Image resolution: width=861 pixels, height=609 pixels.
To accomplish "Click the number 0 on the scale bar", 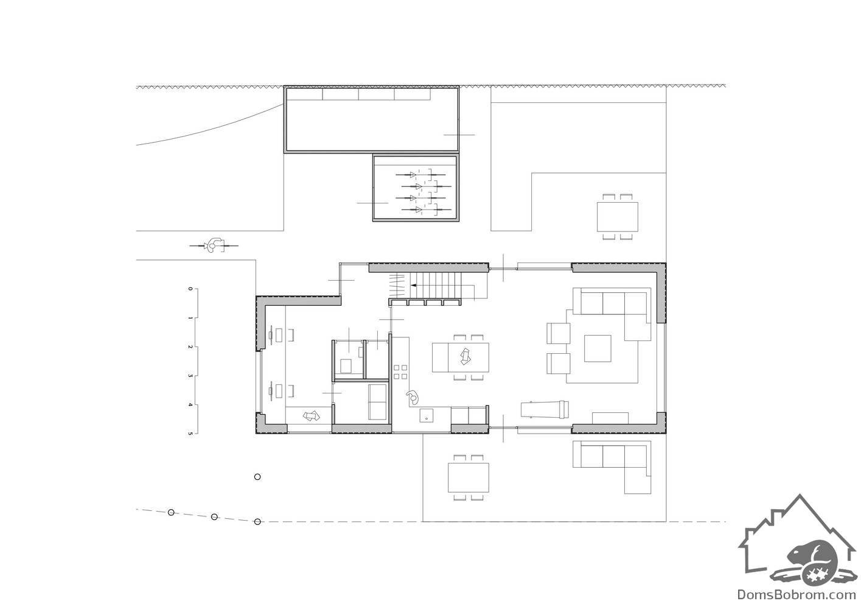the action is pyautogui.click(x=190, y=289).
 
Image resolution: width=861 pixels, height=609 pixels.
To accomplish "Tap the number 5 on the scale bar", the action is pyautogui.click(x=190, y=434).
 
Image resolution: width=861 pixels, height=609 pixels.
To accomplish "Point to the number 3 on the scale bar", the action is pyautogui.click(x=190, y=376).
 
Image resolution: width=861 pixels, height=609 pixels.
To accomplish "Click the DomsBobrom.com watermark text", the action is pyautogui.click(x=798, y=594).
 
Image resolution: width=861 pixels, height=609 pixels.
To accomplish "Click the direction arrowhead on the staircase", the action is pyautogui.click(x=413, y=286).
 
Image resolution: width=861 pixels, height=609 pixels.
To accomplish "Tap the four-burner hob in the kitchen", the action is pyautogui.click(x=400, y=372).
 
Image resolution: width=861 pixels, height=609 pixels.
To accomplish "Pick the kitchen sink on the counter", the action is pyautogui.click(x=427, y=415).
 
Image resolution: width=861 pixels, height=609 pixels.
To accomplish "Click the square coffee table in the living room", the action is pyautogui.click(x=598, y=348).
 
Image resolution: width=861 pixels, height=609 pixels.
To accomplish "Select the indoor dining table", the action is pyautogui.click(x=461, y=357).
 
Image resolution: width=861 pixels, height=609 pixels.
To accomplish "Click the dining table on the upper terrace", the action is pyautogui.click(x=618, y=217).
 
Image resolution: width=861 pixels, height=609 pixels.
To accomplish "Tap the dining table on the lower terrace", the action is pyautogui.click(x=468, y=478).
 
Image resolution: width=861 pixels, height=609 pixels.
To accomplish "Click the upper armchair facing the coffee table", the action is pyautogui.click(x=558, y=333).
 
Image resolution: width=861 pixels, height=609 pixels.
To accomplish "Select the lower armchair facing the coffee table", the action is pyautogui.click(x=558, y=363).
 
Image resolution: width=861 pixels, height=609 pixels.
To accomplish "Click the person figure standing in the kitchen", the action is pyautogui.click(x=412, y=397).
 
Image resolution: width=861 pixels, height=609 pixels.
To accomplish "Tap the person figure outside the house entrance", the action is pyautogui.click(x=214, y=245).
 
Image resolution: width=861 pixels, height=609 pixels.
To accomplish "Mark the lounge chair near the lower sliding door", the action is pyautogui.click(x=545, y=409).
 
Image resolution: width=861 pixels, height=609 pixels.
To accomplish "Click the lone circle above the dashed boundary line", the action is pyautogui.click(x=257, y=477).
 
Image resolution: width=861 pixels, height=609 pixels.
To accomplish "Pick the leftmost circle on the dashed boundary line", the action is pyautogui.click(x=171, y=512).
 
